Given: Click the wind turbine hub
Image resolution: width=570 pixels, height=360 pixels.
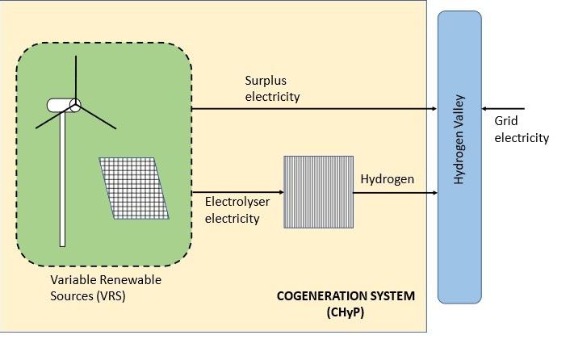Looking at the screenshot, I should [75, 104].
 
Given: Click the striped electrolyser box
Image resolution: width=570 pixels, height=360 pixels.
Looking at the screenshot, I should [317, 191].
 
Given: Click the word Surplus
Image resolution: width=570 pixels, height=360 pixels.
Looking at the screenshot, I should [266, 81].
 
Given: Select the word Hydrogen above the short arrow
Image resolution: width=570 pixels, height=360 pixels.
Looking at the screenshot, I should [387, 178].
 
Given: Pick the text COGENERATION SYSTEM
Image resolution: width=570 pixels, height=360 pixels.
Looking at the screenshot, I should [346, 296].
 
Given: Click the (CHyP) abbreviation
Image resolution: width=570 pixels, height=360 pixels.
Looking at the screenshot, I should [346, 312].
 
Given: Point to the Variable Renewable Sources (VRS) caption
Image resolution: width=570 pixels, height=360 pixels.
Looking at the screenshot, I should [105, 287].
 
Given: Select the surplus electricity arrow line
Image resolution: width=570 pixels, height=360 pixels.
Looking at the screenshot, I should [315, 108].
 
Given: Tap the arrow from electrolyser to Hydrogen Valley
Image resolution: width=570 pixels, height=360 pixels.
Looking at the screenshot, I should [395, 192].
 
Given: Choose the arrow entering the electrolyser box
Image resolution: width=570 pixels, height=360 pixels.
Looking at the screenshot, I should [238, 192].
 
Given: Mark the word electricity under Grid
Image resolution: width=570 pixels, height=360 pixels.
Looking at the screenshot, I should [522, 138].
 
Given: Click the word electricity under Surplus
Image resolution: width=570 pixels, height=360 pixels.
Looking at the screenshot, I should [272, 97].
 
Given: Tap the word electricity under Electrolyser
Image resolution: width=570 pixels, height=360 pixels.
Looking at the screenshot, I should [232, 219].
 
